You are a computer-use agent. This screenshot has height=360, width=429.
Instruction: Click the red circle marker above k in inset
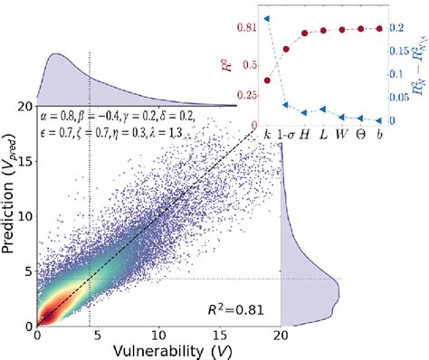tap(266, 80)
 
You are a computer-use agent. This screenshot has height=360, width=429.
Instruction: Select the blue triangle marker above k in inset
tap(266, 18)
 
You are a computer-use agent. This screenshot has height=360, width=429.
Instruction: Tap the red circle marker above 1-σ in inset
tap(286, 49)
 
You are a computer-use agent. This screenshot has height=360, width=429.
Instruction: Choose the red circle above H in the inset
tap(305, 36)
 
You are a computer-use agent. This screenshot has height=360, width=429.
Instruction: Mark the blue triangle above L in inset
tap(323, 111)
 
